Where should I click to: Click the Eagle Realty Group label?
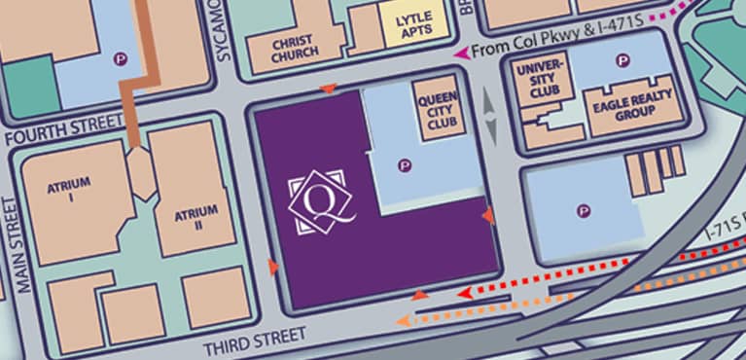click(621, 108)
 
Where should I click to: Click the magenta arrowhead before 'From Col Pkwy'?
click(459, 61)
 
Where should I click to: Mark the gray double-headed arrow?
click(490, 117)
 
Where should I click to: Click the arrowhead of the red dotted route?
click(464, 292)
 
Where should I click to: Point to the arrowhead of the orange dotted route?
click(401, 320)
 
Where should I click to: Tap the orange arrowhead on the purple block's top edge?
click(329, 90)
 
